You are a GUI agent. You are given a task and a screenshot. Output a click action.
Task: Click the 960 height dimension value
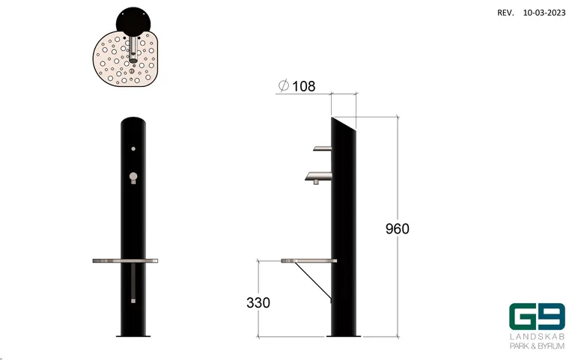click(397, 229)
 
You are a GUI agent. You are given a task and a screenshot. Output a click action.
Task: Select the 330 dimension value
click(258, 303)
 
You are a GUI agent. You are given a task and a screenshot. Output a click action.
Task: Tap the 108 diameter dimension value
click(304, 87)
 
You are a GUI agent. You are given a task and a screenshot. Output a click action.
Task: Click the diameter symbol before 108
click(284, 86)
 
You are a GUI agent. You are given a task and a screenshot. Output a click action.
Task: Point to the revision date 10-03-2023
click(544, 13)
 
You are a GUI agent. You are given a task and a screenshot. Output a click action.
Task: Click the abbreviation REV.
click(505, 13)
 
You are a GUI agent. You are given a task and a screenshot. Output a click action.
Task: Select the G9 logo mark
click(538, 317)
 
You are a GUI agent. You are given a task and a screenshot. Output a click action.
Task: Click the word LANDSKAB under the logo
click(538, 337)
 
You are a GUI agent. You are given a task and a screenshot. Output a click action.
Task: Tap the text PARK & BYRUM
click(538, 346)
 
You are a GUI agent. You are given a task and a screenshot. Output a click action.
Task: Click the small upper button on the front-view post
click(133, 149)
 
